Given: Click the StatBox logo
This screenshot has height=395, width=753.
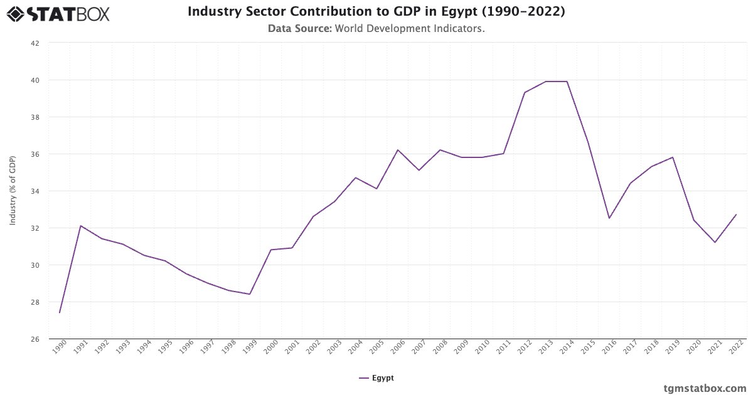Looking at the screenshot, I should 58,13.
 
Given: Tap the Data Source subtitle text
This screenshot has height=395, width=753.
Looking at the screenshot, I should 376,28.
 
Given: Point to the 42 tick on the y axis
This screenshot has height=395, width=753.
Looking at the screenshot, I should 35,43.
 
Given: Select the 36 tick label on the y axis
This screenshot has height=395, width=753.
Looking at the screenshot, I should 35,154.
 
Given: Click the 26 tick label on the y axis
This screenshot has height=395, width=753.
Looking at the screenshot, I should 35,339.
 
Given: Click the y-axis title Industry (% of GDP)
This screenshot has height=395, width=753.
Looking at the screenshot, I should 13,191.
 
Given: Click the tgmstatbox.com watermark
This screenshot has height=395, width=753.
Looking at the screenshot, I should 705,388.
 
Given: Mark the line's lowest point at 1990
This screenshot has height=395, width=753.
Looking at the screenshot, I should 60,313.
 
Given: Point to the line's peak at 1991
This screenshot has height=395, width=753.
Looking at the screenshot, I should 81,226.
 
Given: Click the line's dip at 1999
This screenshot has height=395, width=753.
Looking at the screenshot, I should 250,294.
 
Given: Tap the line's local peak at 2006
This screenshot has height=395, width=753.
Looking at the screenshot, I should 398,150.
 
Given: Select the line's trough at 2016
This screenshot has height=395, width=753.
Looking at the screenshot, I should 609,218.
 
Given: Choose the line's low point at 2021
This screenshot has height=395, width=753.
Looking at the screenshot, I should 715,243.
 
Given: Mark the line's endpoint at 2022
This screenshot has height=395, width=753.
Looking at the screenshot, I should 736,214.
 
